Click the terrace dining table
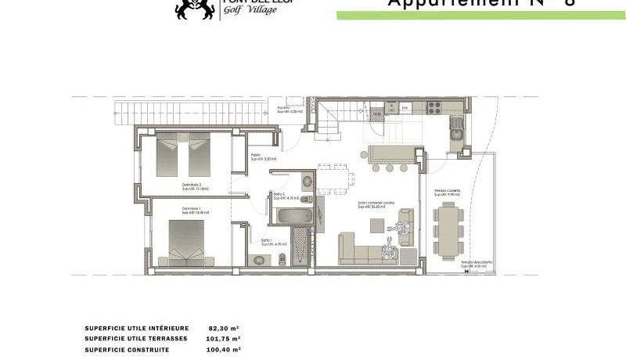pyautogui.click(x=448, y=229)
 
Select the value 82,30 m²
pyautogui.click(x=224, y=329)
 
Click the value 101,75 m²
pyautogui.click(x=223, y=339)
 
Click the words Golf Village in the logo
pyautogui.click(x=245, y=10)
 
